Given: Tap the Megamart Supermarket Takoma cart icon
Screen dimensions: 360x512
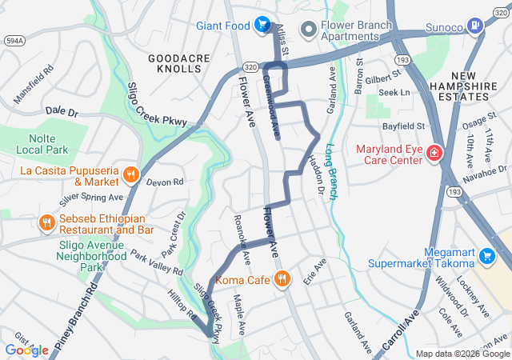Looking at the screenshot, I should point(487,257).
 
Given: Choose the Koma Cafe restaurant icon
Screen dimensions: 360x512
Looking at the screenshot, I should point(282,279).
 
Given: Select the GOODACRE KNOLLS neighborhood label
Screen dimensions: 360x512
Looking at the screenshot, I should point(175,64).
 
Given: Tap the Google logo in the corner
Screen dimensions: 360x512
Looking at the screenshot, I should point(26,350).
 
